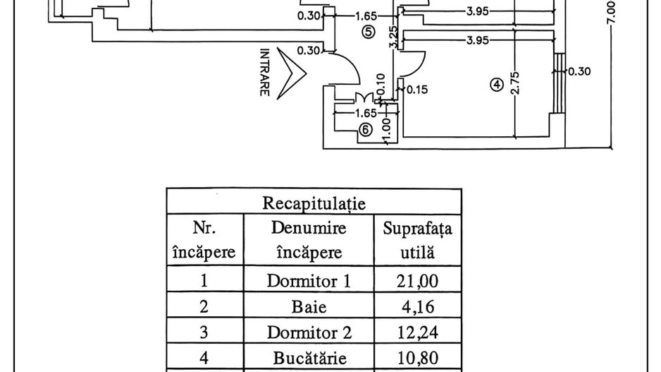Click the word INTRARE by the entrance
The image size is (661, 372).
[x=265, y=73]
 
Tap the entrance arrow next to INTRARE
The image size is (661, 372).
[x=291, y=73]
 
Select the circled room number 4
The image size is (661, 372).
[x=497, y=85]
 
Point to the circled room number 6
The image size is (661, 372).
[x=365, y=129]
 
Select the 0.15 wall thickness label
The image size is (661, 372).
[x=417, y=90]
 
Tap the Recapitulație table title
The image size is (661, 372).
[x=314, y=204]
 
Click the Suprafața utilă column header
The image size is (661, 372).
[x=417, y=240]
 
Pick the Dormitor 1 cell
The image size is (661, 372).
[x=308, y=281]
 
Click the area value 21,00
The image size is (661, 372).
[x=417, y=281]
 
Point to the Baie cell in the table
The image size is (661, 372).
[x=308, y=307]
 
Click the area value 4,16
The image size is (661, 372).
[x=417, y=307]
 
